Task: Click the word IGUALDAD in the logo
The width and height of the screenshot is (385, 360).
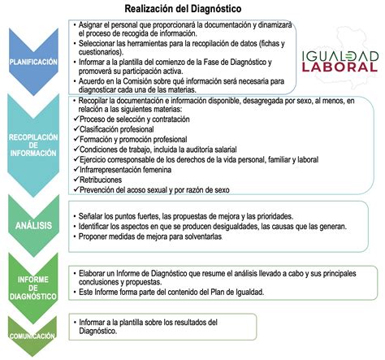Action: click(x=340, y=56)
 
